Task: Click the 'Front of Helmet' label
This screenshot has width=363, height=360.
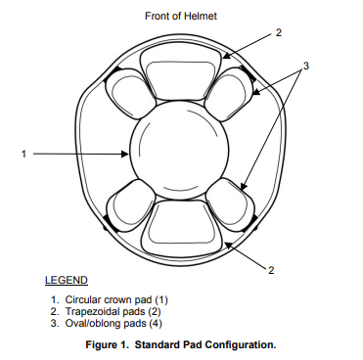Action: click(x=181, y=16)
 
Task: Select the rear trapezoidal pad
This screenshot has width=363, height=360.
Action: click(x=181, y=227)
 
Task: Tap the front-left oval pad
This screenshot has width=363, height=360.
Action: click(x=129, y=94)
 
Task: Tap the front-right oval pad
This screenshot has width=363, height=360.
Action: click(x=229, y=94)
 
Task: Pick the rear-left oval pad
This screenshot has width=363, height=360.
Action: click(x=130, y=205)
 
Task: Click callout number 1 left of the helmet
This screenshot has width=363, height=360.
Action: click(x=23, y=154)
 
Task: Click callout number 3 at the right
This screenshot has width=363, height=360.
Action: click(x=305, y=66)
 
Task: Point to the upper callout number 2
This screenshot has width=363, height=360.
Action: click(x=278, y=32)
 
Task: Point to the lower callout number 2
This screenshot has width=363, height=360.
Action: click(x=271, y=270)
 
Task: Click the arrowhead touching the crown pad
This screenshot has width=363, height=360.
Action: click(x=125, y=154)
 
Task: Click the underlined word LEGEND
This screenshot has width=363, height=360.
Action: click(x=67, y=280)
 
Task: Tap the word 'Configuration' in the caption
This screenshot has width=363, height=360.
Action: click(x=241, y=344)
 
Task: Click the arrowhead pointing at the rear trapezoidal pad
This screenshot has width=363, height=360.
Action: click(x=228, y=245)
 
